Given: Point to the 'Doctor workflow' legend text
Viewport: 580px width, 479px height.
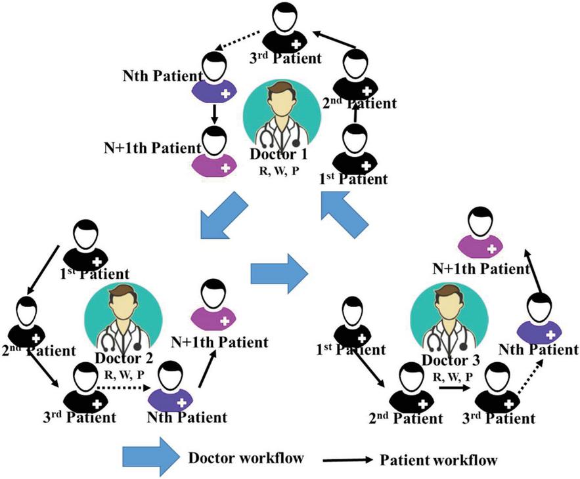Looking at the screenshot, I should coord(245,457).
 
